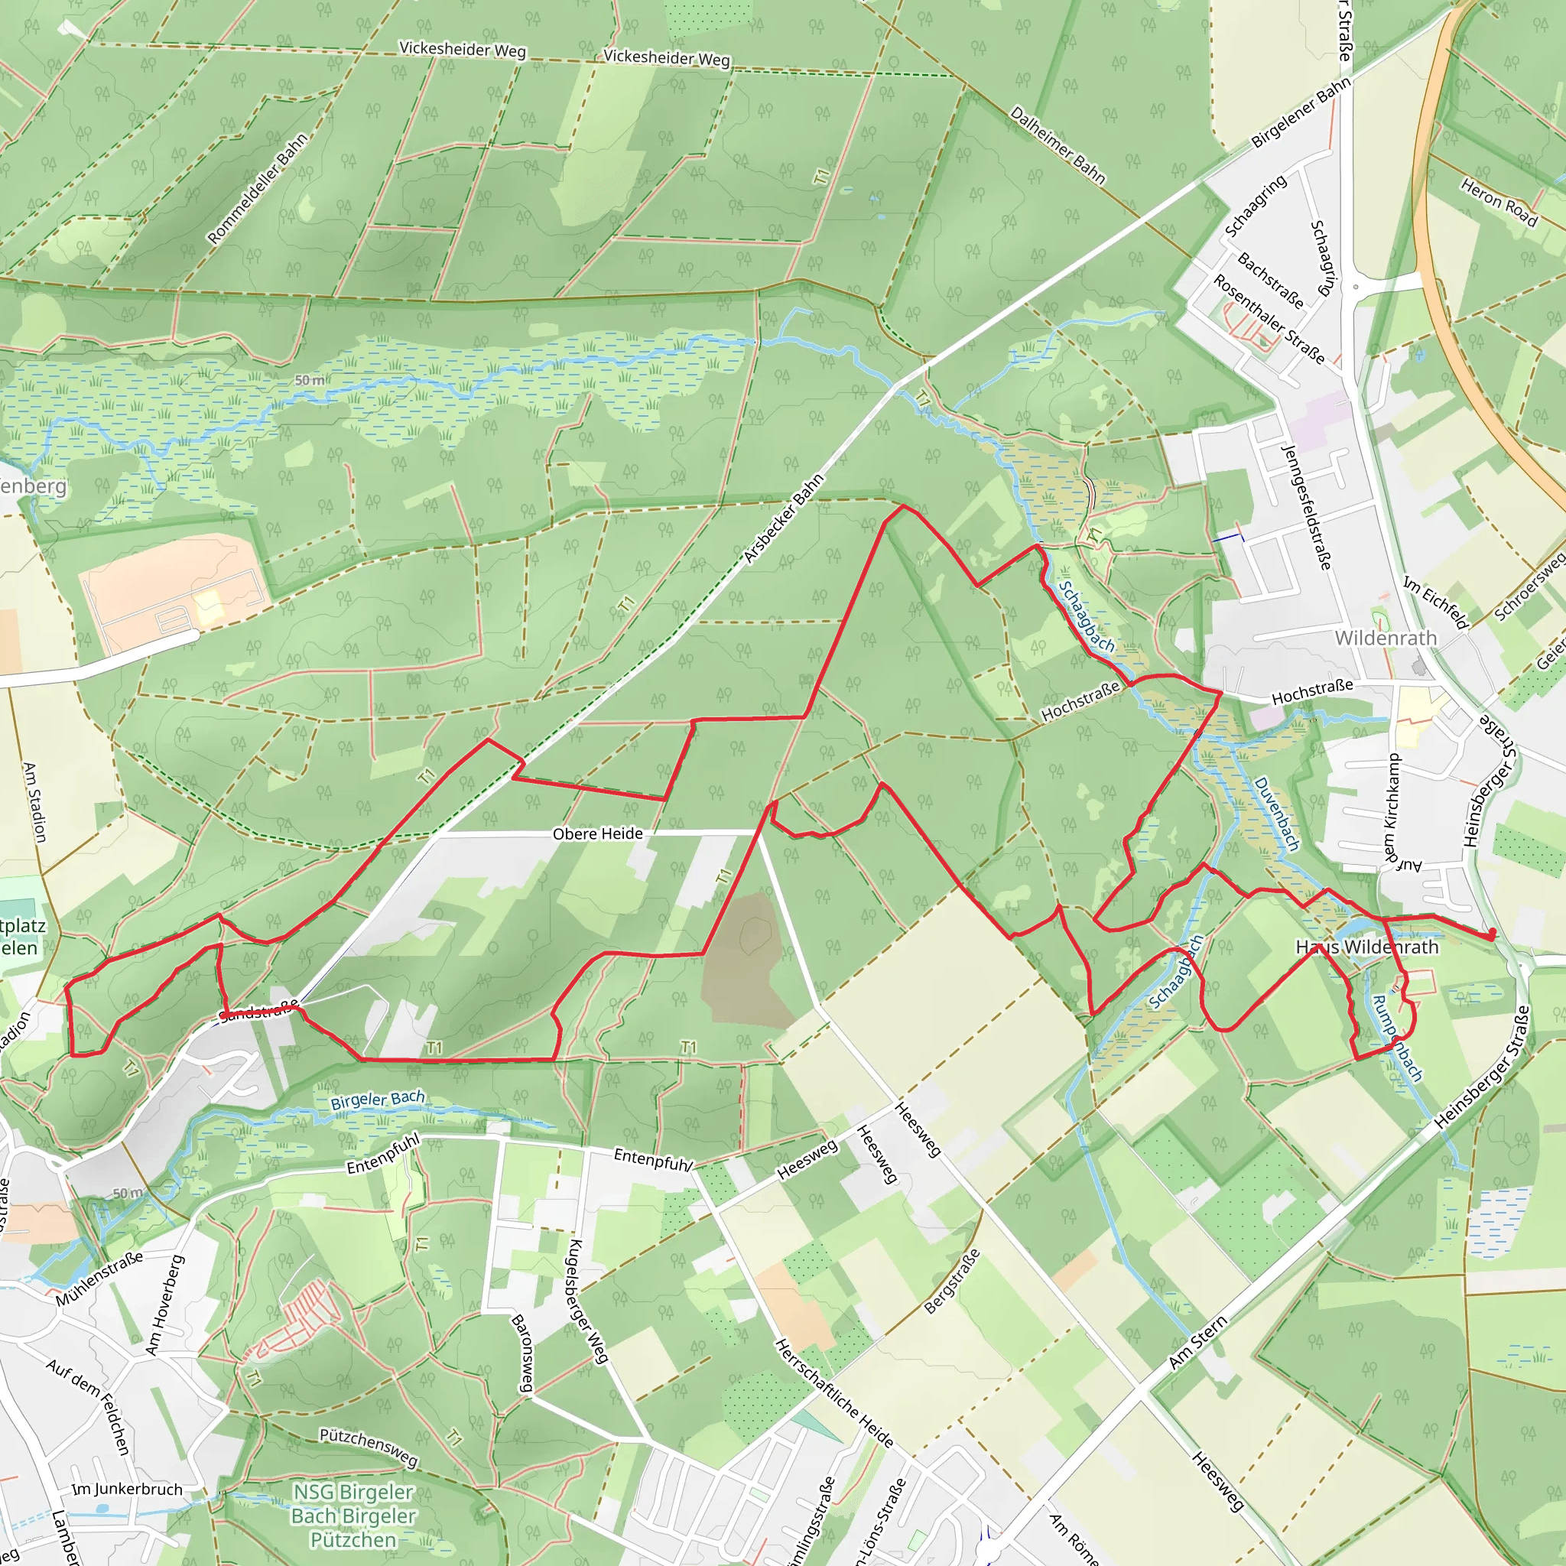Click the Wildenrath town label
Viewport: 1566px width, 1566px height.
pyautogui.click(x=1386, y=638)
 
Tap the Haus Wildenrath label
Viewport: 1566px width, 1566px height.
pyautogui.click(x=1366, y=947)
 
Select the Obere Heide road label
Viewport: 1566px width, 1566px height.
pyautogui.click(x=597, y=833)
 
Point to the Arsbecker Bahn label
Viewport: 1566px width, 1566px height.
pyautogui.click(x=783, y=518)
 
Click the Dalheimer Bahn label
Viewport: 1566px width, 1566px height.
pyautogui.click(x=1057, y=145)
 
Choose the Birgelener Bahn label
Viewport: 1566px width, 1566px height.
pyautogui.click(x=1300, y=112)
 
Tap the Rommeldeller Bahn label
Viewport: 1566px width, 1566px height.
pyautogui.click(x=257, y=189)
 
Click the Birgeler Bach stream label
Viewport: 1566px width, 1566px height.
pyautogui.click(x=377, y=1100)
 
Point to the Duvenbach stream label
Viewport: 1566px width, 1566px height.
pyautogui.click(x=1277, y=813)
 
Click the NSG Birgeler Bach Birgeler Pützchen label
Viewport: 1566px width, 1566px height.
pyautogui.click(x=353, y=1516)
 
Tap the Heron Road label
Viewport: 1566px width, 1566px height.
pyautogui.click(x=1499, y=202)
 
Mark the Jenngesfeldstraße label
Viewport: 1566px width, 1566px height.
pyautogui.click(x=1306, y=507)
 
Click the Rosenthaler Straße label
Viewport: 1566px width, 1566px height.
pyautogui.click(x=1269, y=319)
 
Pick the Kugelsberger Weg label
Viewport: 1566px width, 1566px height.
pyautogui.click(x=588, y=1301)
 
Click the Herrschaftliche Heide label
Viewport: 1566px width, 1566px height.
pyautogui.click(x=834, y=1392)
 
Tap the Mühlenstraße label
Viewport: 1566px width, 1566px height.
pyautogui.click(x=99, y=1279)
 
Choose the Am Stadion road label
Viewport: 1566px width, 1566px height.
pyautogui.click(x=35, y=801)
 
